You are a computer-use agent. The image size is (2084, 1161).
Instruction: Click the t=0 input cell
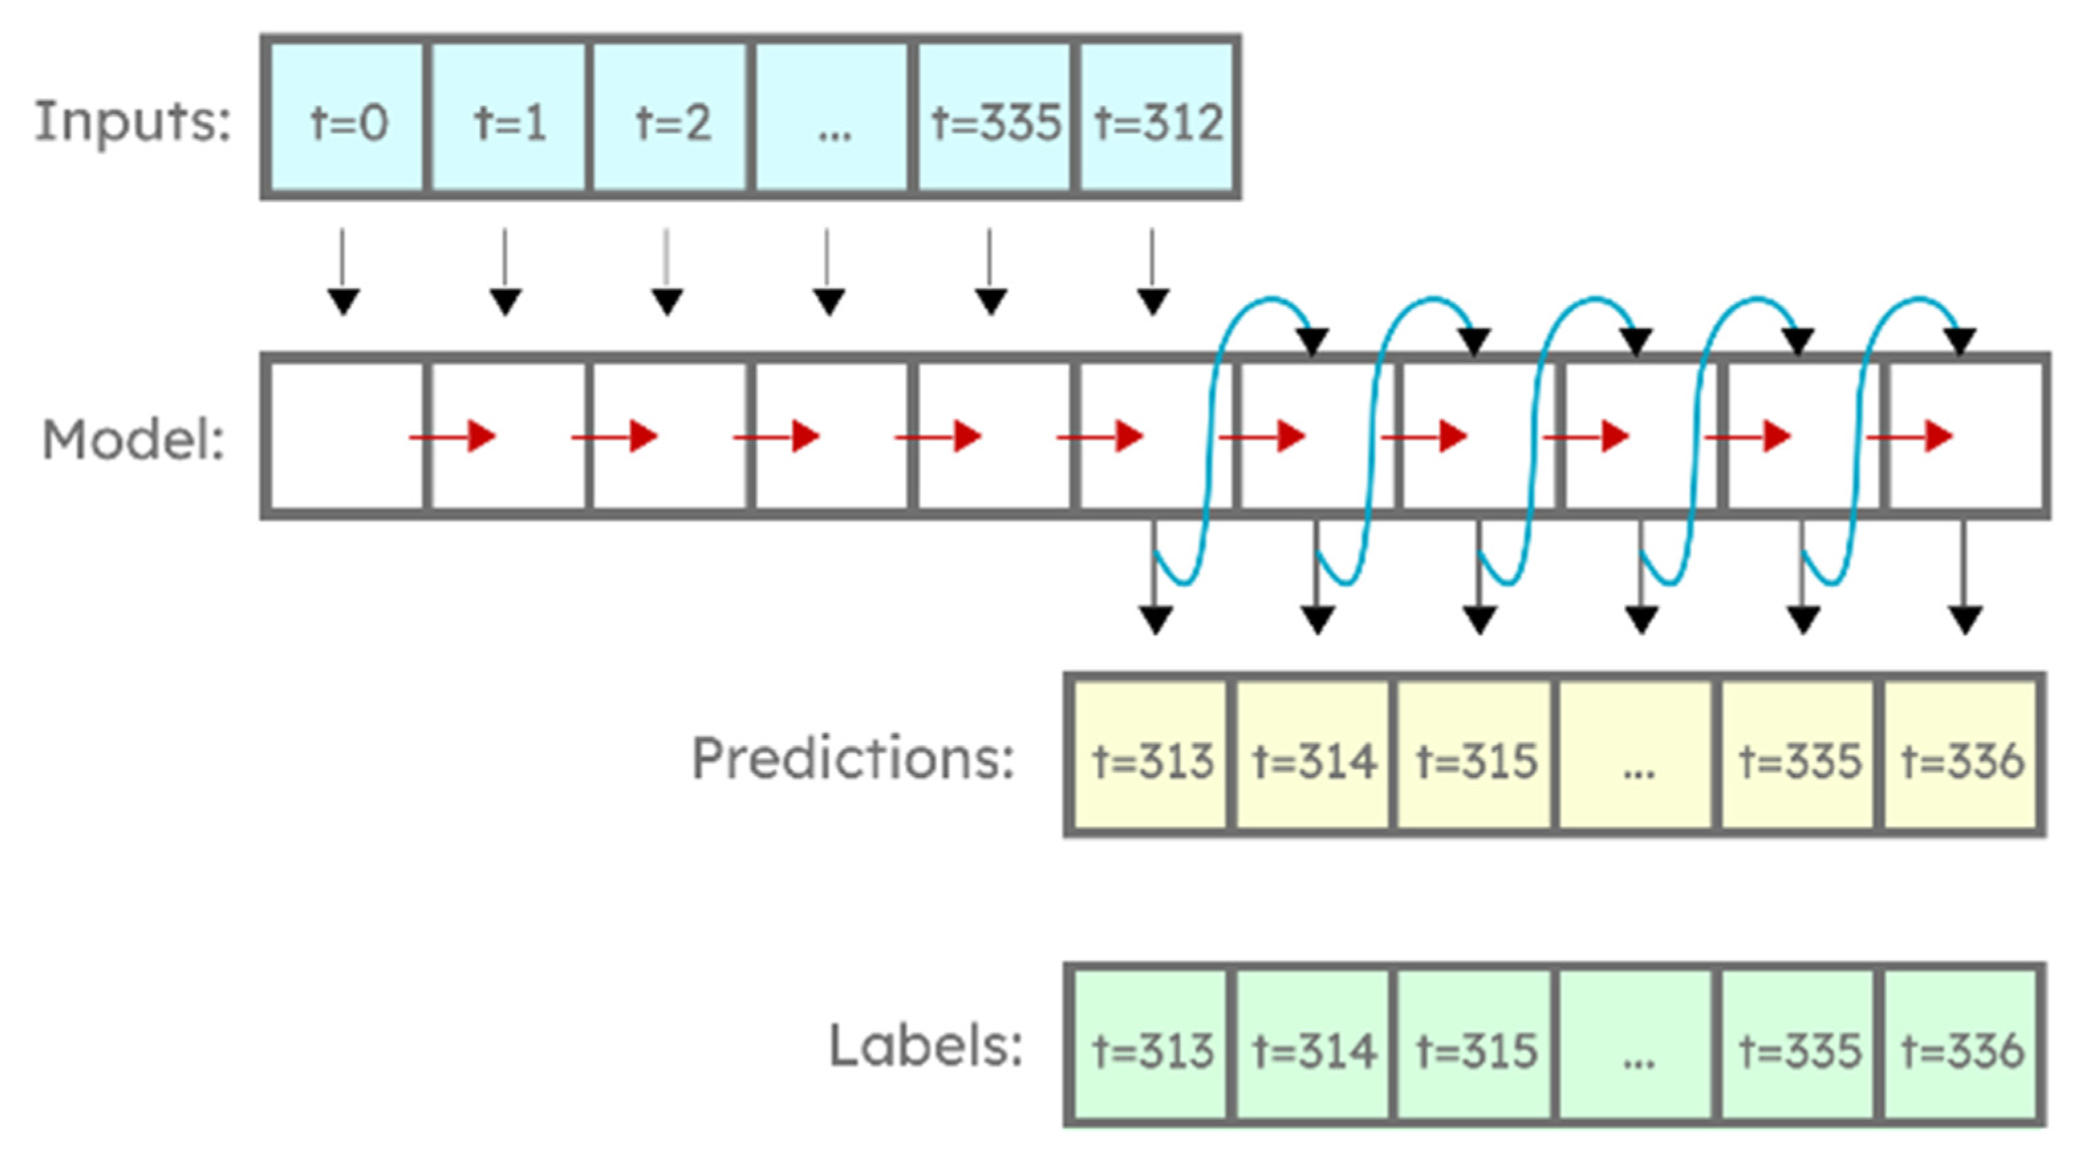tap(347, 117)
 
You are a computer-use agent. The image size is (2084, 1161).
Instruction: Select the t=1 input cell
tap(509, 117)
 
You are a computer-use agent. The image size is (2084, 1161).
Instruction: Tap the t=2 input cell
tap(671, 117)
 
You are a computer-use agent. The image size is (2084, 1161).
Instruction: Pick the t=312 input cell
tap(1157, 117)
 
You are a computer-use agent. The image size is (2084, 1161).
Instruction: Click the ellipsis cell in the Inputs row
tap(832, 117)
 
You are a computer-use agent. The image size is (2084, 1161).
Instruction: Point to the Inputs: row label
tap(133, 121)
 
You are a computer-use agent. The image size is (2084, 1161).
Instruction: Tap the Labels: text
tap(925, 1046)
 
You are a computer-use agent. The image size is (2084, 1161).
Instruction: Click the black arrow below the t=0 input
tap(343, 275)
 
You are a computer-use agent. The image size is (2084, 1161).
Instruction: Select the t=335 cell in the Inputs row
tap(994, 117)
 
